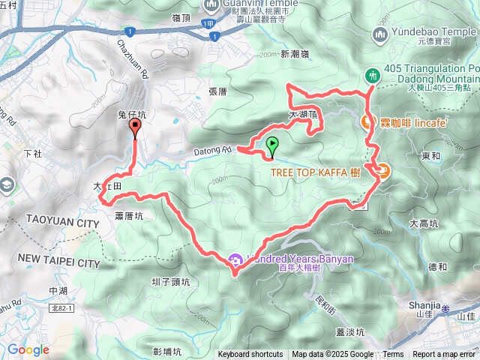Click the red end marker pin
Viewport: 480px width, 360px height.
tap(135, 129)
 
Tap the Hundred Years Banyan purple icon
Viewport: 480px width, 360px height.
tap(234, 259)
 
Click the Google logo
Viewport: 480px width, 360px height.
tap(28, 349)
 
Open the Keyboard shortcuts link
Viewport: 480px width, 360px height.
tap(250, 355)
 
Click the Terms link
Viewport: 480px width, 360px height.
tap(393, 355)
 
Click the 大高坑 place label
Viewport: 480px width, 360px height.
tap(424, 223)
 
